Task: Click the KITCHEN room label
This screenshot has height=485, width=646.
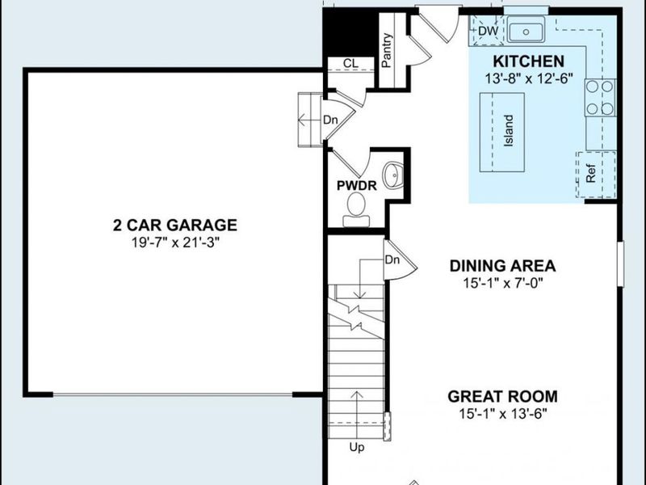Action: [528, 61]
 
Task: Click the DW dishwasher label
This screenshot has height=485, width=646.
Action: [487, 31]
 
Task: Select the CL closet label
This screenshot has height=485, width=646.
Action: [350, 64]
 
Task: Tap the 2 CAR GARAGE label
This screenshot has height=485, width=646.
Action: [174, 225]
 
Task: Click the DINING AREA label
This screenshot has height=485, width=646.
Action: [503, 266]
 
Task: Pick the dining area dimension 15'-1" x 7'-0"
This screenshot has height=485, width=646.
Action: [503, 282]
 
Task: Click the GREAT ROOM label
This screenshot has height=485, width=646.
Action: [502, 396]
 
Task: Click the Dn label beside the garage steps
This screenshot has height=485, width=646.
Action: [329, 120]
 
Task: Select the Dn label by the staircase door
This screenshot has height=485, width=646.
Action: [392, 260]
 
